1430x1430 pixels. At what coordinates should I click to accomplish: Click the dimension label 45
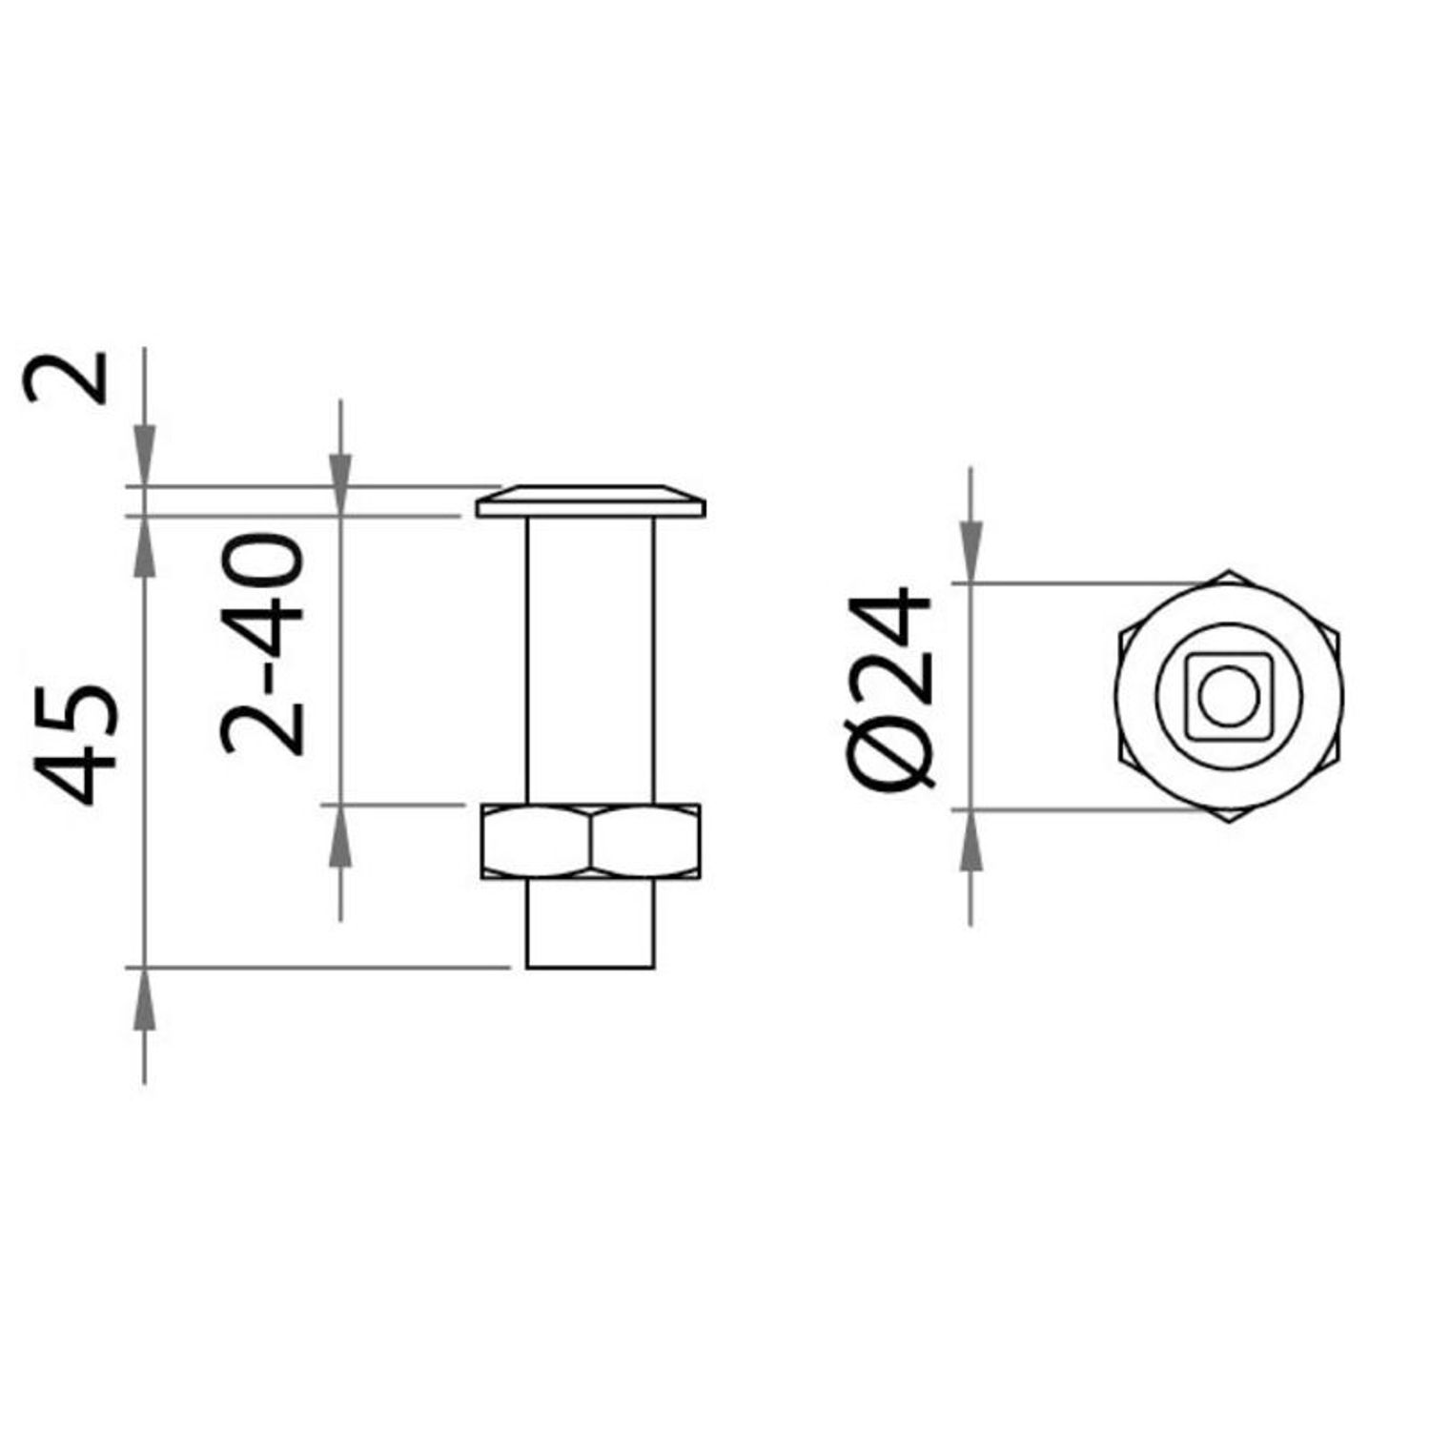point(76,744)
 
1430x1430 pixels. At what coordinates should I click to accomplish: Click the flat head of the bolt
point(591,501)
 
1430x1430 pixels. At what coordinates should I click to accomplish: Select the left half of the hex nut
point(536,841)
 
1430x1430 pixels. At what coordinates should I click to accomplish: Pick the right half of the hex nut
point(645,841)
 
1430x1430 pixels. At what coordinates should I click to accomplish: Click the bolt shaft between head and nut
point(591,661)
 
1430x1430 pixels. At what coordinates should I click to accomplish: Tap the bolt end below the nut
point(591,923)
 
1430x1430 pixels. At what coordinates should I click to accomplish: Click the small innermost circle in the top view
point(1229,697)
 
